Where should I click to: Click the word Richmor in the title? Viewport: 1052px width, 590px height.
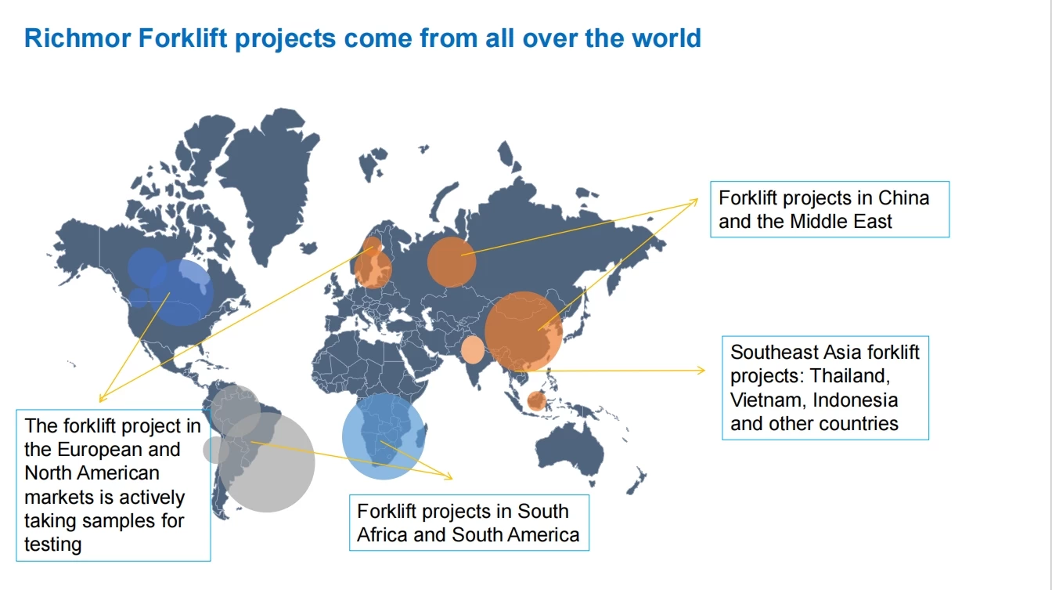(x=77, y=38)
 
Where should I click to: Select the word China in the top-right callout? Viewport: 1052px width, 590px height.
(x=903, y=198)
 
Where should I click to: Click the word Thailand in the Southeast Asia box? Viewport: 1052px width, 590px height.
(x=850, y=375)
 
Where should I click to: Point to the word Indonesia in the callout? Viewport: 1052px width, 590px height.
(x=856, y=400)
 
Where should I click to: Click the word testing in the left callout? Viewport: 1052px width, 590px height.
(x=53, y=545)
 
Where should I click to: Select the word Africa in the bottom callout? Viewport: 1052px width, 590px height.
(x=382, y=535)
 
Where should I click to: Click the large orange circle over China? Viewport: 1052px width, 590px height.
(x=523, y=331)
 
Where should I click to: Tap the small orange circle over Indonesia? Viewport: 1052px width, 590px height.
(x=536, y=401)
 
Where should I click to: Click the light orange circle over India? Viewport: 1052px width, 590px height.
(x=473, y=349)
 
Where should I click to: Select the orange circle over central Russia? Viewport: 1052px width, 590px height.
(x=452, y=262)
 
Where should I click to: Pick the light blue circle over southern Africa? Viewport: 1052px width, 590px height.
(x=384, y=436)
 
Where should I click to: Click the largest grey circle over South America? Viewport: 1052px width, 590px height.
(x=266, y=462)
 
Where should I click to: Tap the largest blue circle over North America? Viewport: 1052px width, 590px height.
(x=182, y=292)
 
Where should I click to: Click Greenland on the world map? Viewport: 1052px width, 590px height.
(x=268, y=183)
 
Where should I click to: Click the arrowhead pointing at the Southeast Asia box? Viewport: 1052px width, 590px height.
(x=701, y=371)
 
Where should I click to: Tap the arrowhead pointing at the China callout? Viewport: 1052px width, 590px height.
(x=694, y=202)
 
